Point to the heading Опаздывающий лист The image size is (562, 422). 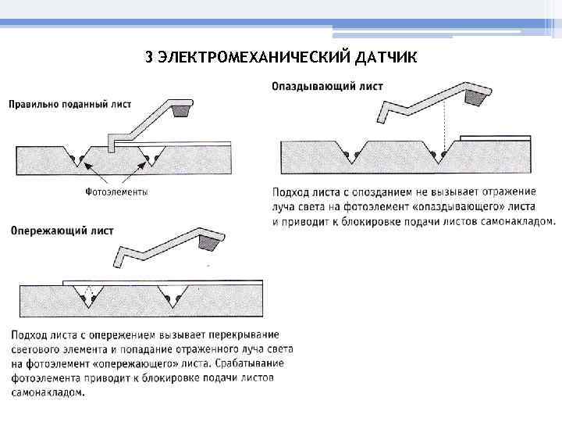(x=327, y=86)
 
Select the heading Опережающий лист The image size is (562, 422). (x=62, y=231)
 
